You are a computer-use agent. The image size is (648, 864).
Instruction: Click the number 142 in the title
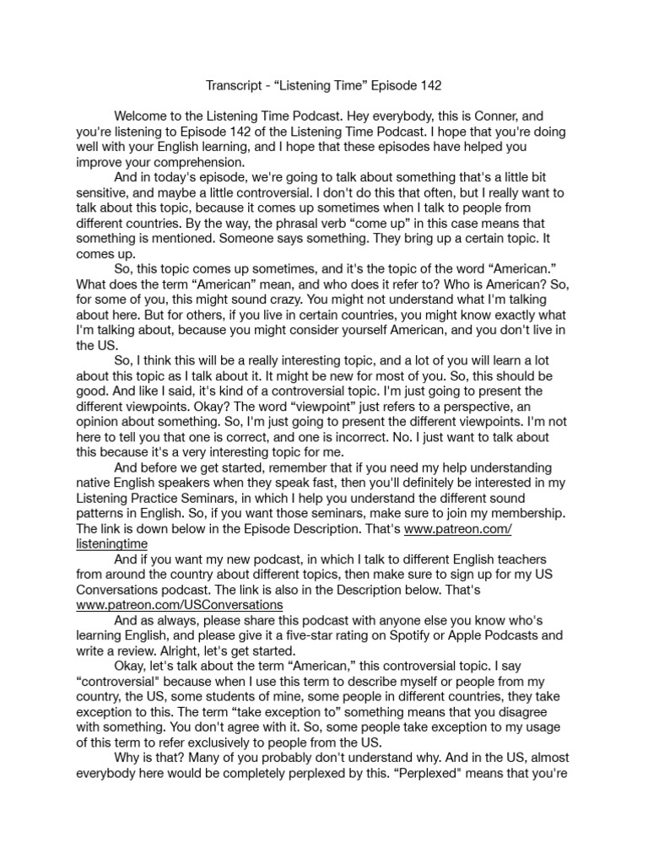click(x=426, y=85)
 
